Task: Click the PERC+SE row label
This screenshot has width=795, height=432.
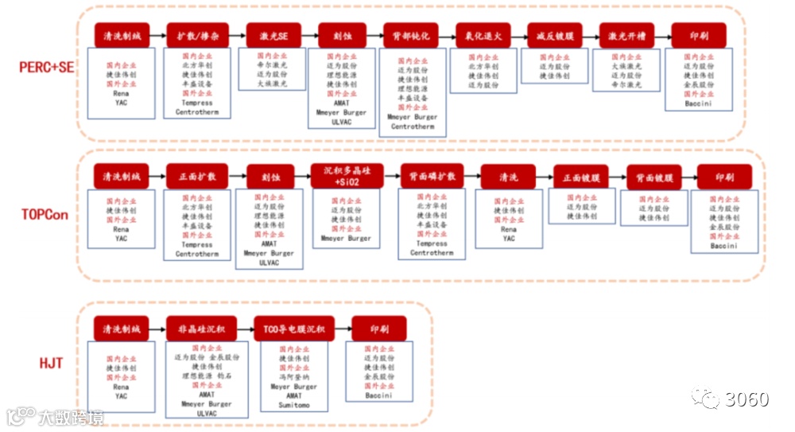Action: [47, 68]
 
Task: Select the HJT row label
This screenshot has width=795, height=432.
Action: [51, 364]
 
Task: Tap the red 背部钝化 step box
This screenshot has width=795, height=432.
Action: [410, 36]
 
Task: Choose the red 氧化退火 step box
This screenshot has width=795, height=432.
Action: [483, 36]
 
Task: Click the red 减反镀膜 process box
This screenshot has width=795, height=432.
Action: [554, 36]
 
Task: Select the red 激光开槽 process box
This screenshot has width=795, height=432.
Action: [626, 36]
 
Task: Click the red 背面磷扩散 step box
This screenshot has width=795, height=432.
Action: [432, 176]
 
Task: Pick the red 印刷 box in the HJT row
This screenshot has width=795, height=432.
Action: [378, 328]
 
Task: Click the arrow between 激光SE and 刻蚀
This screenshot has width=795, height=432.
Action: [303, 36]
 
